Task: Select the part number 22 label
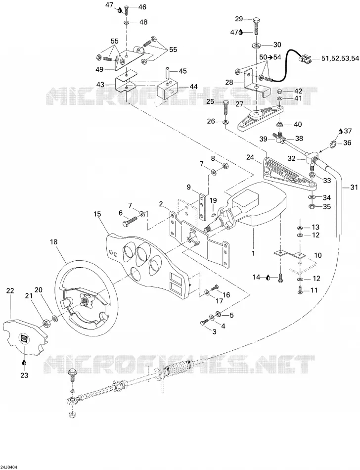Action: (x=10, y=290)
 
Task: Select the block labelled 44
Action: (x=168, y=87)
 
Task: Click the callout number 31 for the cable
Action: (x=354, y=188)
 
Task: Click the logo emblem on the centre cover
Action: (x=23, y=338)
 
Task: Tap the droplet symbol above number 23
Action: (x=24, y=363)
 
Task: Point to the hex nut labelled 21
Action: (x=46, y=323)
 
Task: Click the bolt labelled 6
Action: (x=130, y=220)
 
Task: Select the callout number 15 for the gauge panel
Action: (x=97, y=214)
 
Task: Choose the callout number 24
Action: (x=250, y=157)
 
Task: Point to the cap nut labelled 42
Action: (x=279, y=91)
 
